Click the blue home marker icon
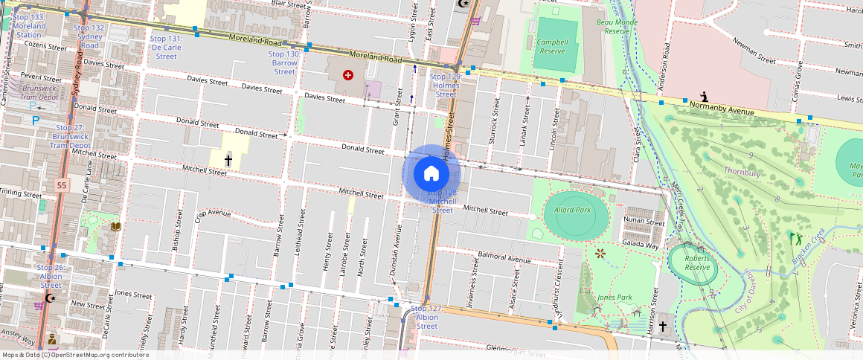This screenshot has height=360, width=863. (x=431, y=174)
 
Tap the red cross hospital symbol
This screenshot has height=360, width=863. (x=347, y=75)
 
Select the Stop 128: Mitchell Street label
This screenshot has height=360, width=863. (x=442, y=201)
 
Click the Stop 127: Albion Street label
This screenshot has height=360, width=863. (x=427, y=317)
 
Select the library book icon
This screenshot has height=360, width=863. (x=115, y=226)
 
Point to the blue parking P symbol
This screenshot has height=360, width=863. (x=35, y=120)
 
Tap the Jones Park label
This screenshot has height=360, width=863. (x=615, y=298)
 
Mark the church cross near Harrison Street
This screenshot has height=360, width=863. (x=662, y=327)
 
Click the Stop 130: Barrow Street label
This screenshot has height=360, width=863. (x=284, y=62)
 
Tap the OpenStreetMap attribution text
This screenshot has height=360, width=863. (x=76, y=355)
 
